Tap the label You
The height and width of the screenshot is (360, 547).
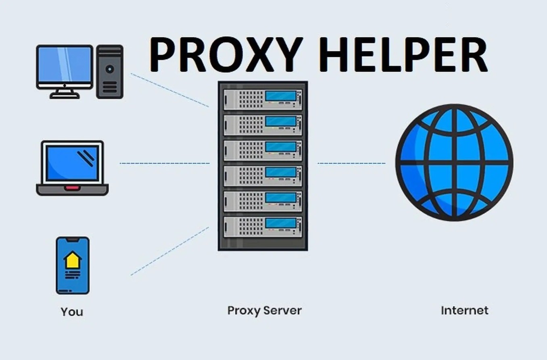pyautogui.click(x=72, y=312)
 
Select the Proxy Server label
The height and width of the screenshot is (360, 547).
pyautogui.click(x=265, y=311)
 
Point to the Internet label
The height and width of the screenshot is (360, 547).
pyautogui.click(x=464, y=310)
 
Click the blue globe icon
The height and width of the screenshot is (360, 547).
pyautogui.click(x=454, y=162)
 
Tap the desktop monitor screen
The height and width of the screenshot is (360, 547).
pyautogui.click(x=65, y=64)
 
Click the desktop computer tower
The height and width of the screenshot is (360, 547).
pyautogui.click(x=110, y=72)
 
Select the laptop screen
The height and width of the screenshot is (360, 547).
pyautogui.click(x=73, y=163)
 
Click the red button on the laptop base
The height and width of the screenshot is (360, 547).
pyautogui.click(x=72, y=188)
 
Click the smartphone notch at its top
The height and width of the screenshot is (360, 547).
pyautogui.click(x=73, y=239)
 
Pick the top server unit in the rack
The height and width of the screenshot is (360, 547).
pyautogui.click(x=263, y=100)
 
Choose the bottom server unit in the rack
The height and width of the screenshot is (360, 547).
pyautogui.click(x=263, y=227)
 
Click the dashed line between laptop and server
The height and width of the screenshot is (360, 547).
pyautogui.click(x=165, y=163)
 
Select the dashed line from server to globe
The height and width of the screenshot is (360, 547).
pyautogui.click(x=352, y=163)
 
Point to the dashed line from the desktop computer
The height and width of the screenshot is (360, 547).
pyautogui.click(x=170, y=90)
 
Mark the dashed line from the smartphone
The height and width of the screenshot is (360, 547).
pyautogui.click(x=170, y=251)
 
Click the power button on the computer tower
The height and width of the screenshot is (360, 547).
pyautogui.click(x=110, y=69)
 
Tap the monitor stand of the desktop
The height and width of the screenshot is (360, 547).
pyautogui.click(x=65, y=94)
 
